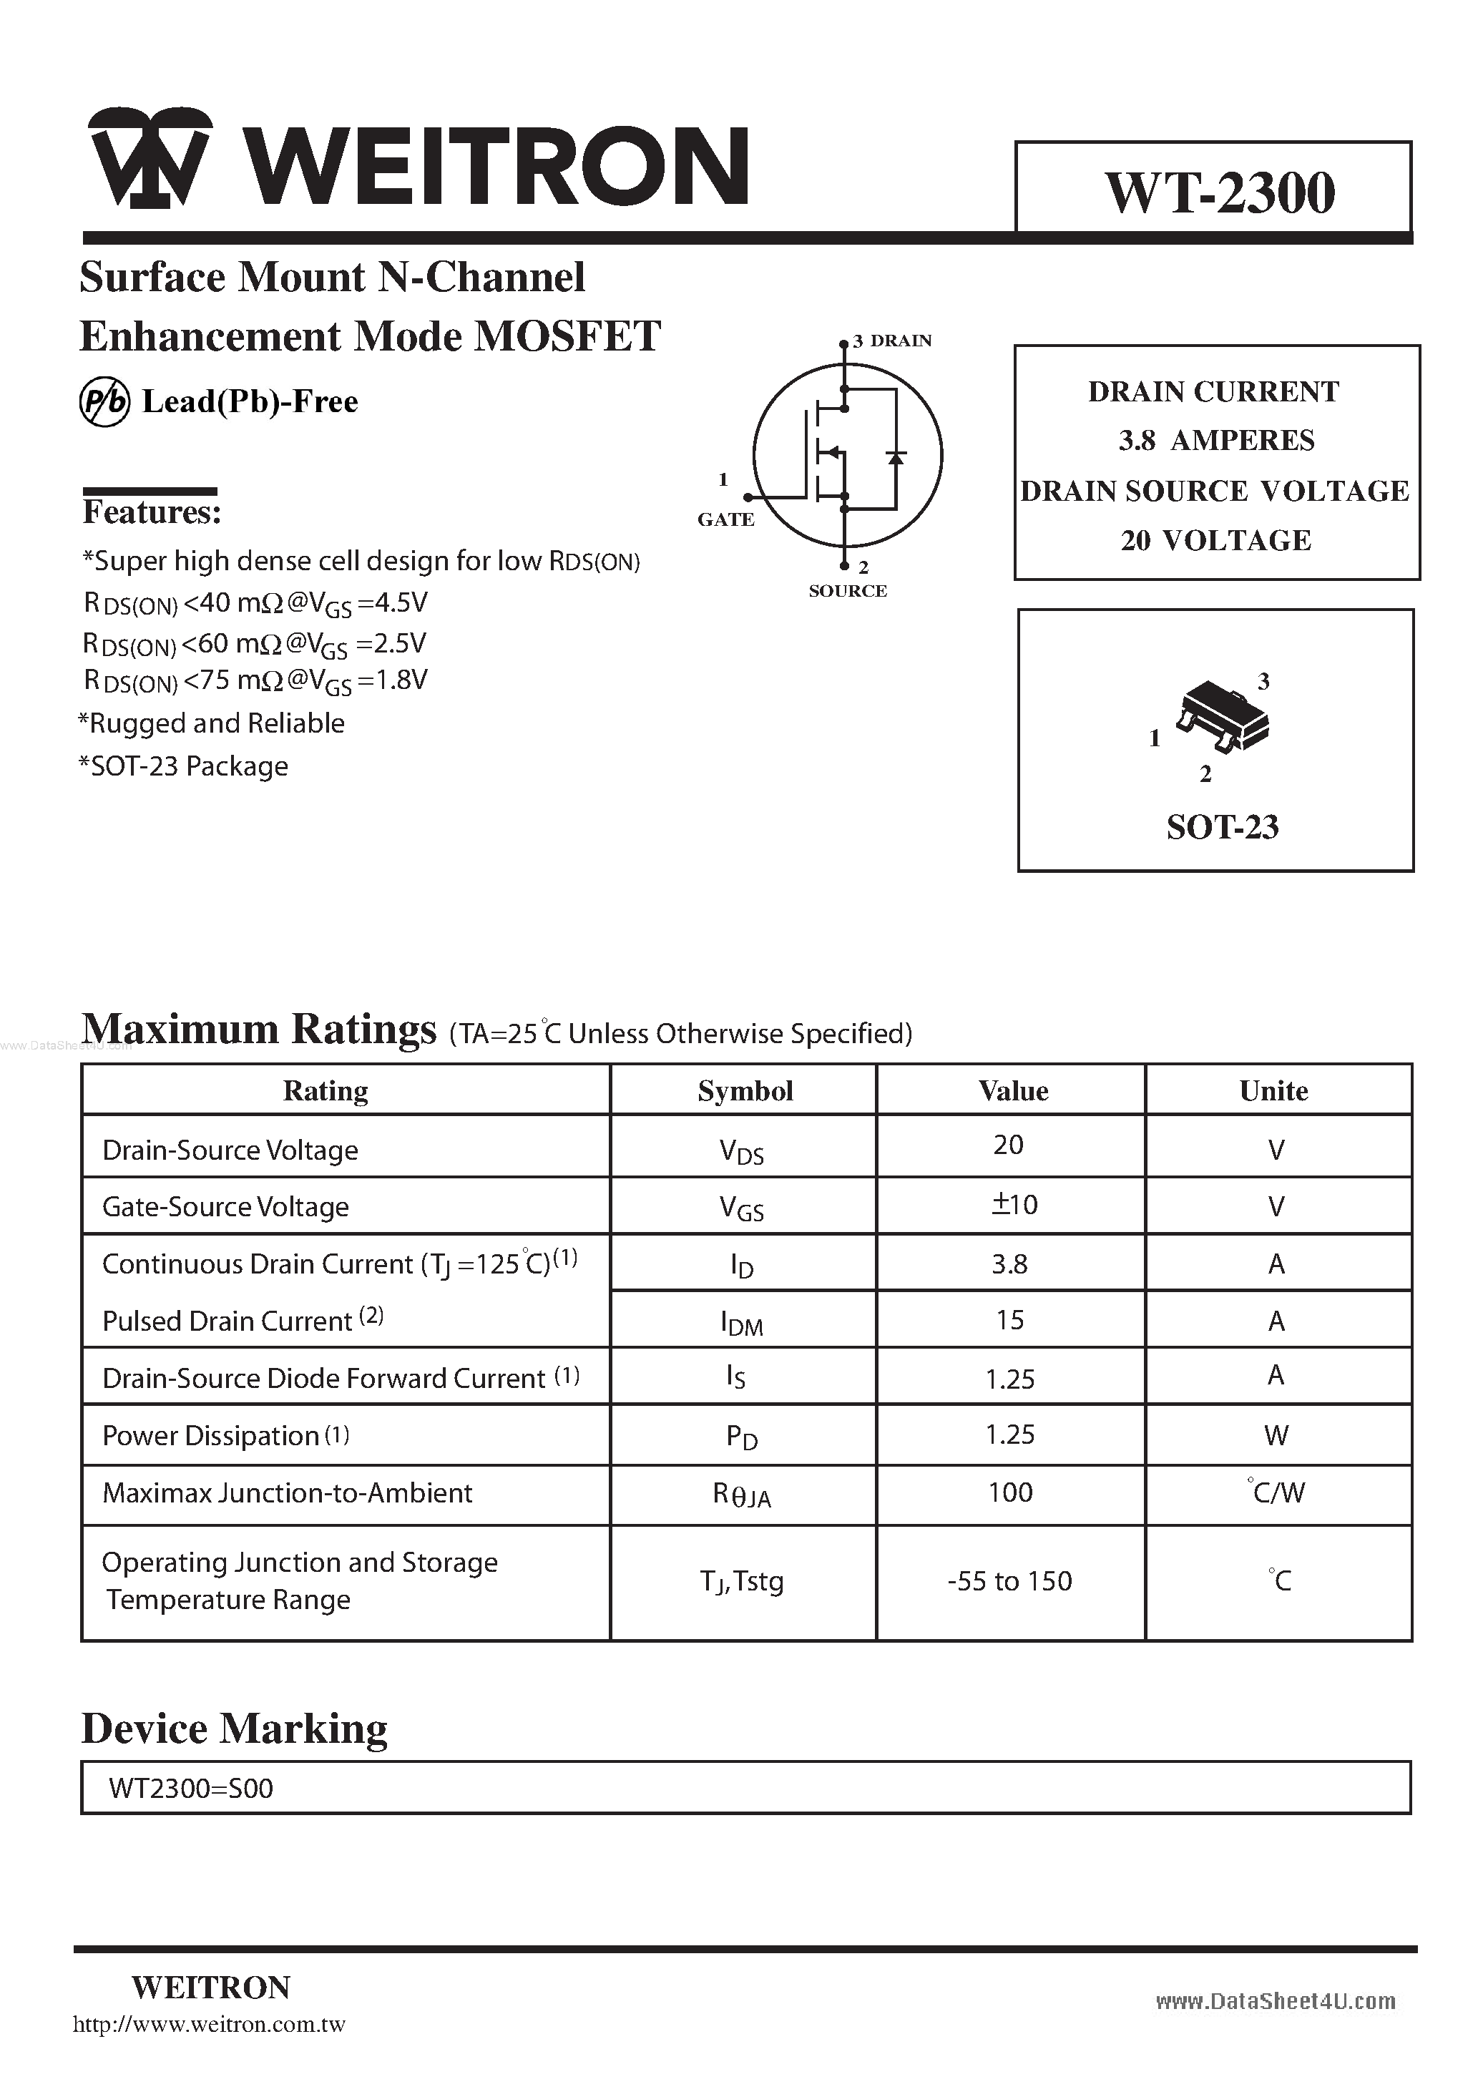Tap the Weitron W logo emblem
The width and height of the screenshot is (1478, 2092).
tap(150, 157)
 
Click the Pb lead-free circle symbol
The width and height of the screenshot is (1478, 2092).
tap(104, 403)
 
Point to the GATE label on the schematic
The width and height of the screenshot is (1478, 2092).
tap(725, 519)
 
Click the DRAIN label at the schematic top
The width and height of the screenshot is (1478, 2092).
tap(900, 341)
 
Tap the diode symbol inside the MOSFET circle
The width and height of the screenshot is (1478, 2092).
tap(896, 456)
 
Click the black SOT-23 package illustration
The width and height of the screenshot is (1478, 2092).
tap(1222, 716)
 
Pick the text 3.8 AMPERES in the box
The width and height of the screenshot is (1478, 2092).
tap(1216, 441)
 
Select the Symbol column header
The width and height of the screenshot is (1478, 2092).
tap(745, 1090)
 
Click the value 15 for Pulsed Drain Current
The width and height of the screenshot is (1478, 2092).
tap(1009, 1320)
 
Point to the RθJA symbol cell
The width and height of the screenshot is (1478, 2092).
tap(742, 1495)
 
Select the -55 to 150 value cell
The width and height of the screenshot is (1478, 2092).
tap(1009, 1581)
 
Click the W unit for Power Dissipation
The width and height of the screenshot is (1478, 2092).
tap(1276, 1436)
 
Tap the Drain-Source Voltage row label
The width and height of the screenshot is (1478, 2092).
tap(230, 1150)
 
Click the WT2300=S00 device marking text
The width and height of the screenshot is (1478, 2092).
tap(190, 1789)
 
